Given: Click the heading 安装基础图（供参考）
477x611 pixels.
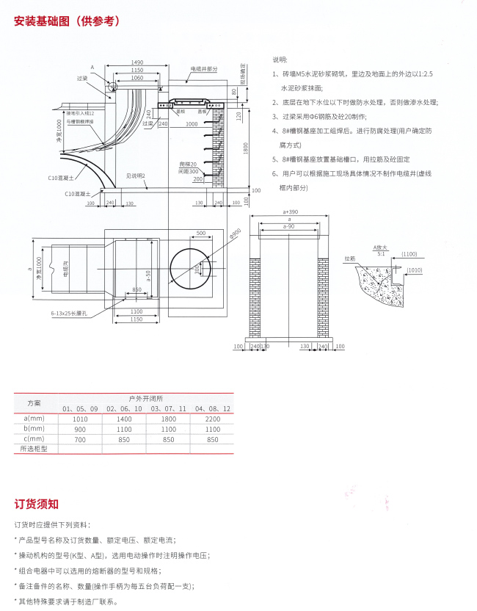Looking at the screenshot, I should click(67, 21).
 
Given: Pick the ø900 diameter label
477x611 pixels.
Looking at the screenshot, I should click(235, 234).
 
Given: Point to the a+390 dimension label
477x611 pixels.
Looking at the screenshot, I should click(291, 211).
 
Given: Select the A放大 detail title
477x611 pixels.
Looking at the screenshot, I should click(379, 248).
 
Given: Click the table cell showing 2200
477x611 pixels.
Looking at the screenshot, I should click(213, 418).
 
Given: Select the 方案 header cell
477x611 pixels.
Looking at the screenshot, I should click(34, 403).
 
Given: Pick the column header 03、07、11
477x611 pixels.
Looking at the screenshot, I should click(167, 408).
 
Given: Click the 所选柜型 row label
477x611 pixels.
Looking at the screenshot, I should click(34, 449).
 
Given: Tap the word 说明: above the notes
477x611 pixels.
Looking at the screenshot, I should click(280, 59).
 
